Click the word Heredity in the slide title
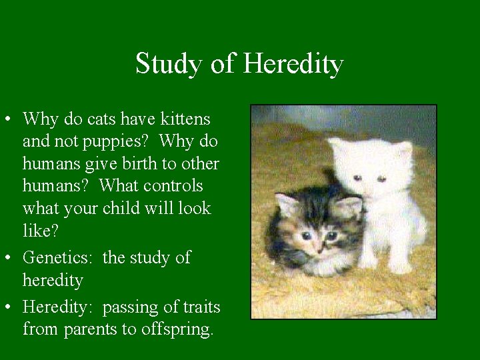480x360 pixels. (x=293, y=64)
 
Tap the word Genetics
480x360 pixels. (x=60, y=257)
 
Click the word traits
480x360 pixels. (x=199, y=307)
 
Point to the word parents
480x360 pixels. (x=90, y=329)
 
